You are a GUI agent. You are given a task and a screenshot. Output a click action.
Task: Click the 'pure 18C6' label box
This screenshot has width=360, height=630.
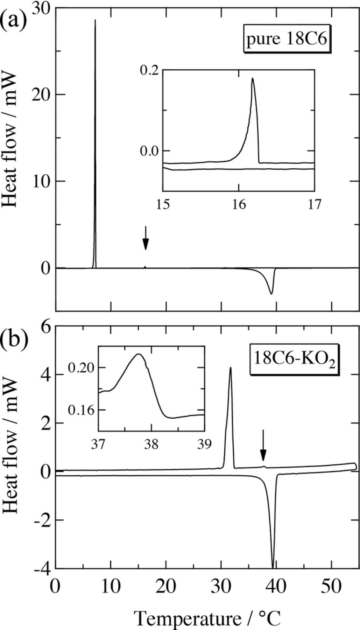[287, 39]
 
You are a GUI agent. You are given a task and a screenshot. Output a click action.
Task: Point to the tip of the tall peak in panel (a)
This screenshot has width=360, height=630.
[95, 20]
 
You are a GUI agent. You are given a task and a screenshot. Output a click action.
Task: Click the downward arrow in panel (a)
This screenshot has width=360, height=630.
[146, 238]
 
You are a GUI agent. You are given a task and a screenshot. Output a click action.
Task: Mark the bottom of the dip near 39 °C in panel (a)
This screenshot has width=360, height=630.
[271, 293]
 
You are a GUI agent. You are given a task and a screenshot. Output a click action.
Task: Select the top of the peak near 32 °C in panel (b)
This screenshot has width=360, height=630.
[230, 367]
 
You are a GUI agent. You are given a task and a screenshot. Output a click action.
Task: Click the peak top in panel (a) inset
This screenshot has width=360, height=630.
[252, 78]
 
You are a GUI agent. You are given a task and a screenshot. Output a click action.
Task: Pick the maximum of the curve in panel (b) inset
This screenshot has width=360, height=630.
[139, 354]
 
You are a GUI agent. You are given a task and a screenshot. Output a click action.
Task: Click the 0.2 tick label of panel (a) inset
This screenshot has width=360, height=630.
[149, 70]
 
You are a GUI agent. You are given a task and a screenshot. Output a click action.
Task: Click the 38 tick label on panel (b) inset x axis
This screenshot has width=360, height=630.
[151, 444]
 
